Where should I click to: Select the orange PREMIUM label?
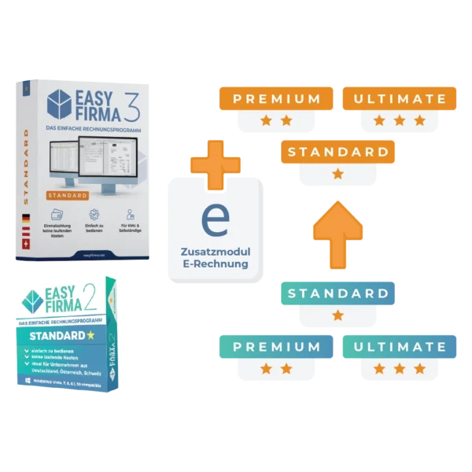coord(276,99)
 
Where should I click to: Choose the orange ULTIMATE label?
coord(400,99)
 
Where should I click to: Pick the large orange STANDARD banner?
coord(337,151)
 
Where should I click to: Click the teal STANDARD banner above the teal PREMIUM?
coord(337,293)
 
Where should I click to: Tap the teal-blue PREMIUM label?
coord(276,346)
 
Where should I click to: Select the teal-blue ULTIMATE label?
coord(400,346)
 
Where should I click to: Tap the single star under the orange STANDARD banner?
coord(337,174)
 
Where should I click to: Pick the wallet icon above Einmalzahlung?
coord(57,214)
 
